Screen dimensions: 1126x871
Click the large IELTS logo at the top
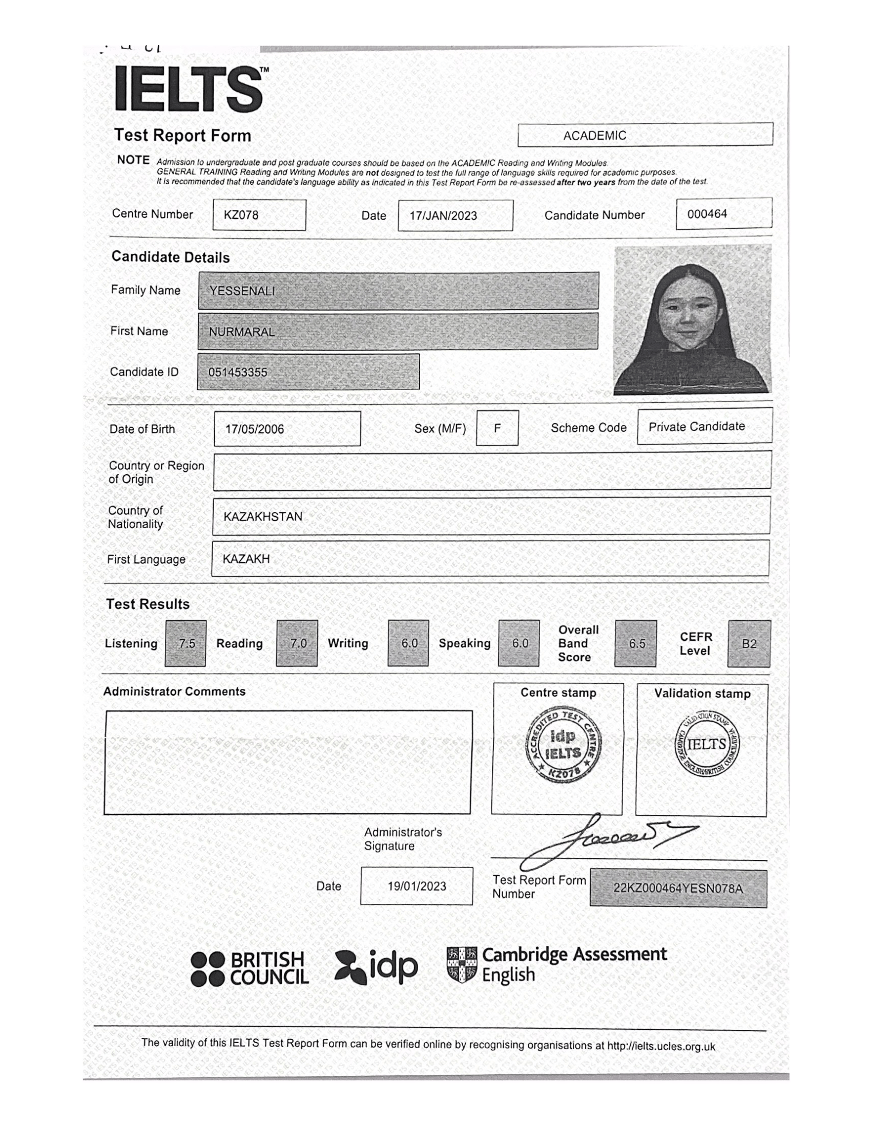pyautogui.click(x=190, y=89)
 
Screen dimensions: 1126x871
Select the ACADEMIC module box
pyautogui.click(x=645, y=135)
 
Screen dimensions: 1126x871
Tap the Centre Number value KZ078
pyautogui.click(x=259, y=215)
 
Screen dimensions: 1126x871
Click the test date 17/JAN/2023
pyautogui.click(x=455, y=215)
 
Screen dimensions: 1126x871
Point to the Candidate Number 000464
pyautogui.click(x=723, y=213)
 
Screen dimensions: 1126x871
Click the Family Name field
pyautogui.click(x=398, y=291)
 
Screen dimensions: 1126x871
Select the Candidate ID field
pyautogui.click(x=308, y=372)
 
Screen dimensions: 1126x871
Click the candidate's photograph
pyautogui.click(x=692, y=320)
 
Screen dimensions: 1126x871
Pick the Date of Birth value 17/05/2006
pyautogui.click(x=287, y=428)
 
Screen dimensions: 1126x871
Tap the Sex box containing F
pyautogui.click(x=497, y=427)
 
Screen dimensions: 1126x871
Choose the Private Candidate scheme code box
pyautogui.click(x=704, y=426)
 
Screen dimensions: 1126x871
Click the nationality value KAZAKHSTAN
pyautogui.click(x=263, y=516)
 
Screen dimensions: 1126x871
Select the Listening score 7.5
pyautogui.click(x=186, y=643)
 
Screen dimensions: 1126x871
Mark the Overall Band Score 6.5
pyautogui.click(x=636, y=643)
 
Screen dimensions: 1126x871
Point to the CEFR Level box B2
pyautogui.click(x=749, y=643)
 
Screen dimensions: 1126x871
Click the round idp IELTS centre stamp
pyautogui.click(x=563, y=746)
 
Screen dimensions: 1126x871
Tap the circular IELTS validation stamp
pyautogui.click(x=707, y=745)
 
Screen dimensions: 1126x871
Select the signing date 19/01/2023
pyautogui.click(x=417, y=886)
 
